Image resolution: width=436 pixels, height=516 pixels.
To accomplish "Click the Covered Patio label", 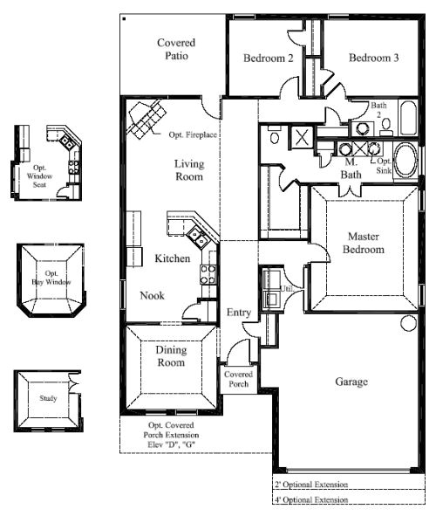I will [x=175, y=50].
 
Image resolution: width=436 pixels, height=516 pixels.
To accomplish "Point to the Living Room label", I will [x=188, y=170].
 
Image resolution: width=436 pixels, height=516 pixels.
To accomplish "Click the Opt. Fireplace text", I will [x=193, y=134].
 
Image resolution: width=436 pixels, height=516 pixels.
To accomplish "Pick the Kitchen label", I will [x=173, y=258].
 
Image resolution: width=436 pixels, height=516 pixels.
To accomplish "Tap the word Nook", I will [x=152, y=295].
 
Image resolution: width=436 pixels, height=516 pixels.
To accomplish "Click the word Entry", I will [x=239, y=313].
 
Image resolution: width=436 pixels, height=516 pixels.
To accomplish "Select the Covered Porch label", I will [x=238, y=379].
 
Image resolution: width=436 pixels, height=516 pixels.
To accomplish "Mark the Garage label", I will [x=351, y=382].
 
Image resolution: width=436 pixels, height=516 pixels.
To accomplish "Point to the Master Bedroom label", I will [x=365, y=243].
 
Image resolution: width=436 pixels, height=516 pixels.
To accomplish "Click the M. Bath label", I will [x=351, y=169].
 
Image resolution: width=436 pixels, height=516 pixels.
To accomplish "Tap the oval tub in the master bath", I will [x=405, y=162].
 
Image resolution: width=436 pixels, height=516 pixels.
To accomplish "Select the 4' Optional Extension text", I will [x=311, y=500].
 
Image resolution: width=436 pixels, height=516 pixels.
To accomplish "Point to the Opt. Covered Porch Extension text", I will [x=171, y=434].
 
